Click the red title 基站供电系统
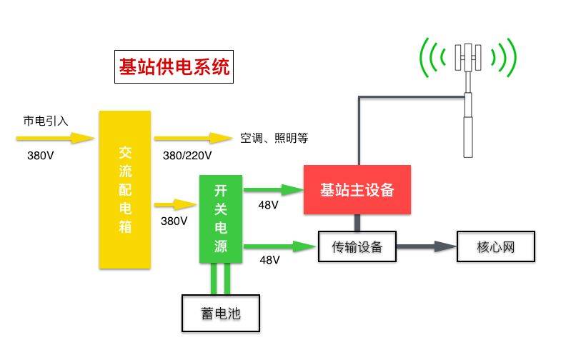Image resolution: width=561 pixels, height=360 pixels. click(174, 68)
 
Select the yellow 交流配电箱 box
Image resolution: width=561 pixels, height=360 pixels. click(124, 189)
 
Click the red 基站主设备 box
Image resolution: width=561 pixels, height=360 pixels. click(357, 189)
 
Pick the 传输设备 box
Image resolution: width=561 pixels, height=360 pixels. click(357, 247)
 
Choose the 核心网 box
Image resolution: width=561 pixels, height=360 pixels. click(495, 247)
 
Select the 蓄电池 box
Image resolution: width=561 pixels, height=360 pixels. click(221, 313)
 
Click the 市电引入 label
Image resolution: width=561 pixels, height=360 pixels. click(46, 121)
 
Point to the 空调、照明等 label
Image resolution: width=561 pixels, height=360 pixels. click(274, 138)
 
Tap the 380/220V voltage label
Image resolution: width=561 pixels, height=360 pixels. click(187, 155)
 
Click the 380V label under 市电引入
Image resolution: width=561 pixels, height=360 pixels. click(40, 155)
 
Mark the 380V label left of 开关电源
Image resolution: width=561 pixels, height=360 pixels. click(174, 221)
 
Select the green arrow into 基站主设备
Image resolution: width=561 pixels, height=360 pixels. click(273, 189)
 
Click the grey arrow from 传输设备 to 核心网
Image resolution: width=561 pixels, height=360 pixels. click(427, 247)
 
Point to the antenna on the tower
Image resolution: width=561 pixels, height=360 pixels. click(468, 57)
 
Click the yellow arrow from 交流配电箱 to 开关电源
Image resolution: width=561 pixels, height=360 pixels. click(176, 205)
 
